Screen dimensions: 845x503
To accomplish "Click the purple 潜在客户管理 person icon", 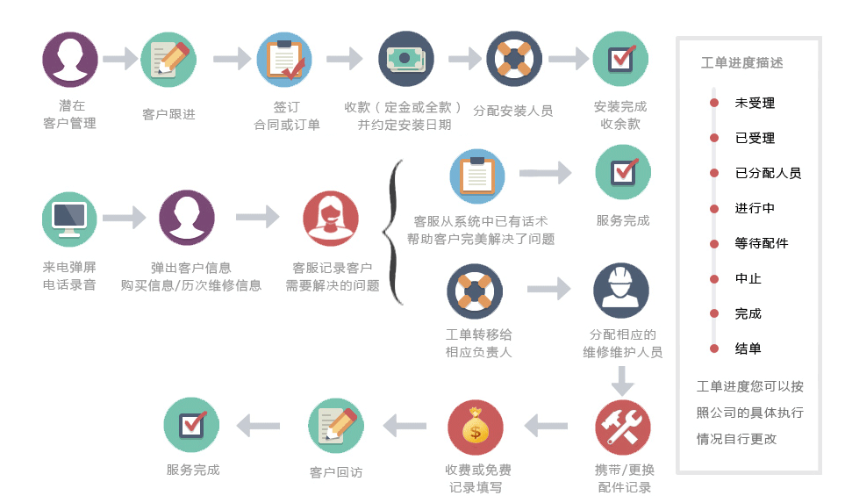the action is pyautogui.click(x=70, y=60).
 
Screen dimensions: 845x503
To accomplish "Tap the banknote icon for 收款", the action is pyautogui.click(x=405, y=59).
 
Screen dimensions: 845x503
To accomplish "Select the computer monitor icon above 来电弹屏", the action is pyautogui.click(x=69, y=219).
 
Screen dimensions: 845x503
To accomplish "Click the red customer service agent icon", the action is pyautogui.click(x=330, y=219).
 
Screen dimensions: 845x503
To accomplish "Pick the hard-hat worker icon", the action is pyautogui.click(x=621, y=291).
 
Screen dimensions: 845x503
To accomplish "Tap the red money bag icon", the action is pyautogui.click(x=476, y=428).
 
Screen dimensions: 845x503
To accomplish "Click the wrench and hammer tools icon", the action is pyautogui.click(x=622, y=428).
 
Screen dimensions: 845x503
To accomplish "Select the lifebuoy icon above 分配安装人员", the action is pyautogui.click(x=514, y=59).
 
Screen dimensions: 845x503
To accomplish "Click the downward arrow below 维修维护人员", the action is pyautogui.click(x=622, y=381).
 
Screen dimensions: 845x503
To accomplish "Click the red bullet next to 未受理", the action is pyautogui.click(x=714, y=103).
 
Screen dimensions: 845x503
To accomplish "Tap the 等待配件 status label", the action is pyautogui.click(x=762, y=243).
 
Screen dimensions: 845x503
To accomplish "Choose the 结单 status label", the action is pyautogui.click(x=748, y=349).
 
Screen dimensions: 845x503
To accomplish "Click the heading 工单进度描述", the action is pyautogui.click(x=741, y=63).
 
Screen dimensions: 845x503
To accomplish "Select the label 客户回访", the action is pyautogui.click(x=336, y=472).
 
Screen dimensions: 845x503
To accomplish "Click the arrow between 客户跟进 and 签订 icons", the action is pyautogui.click(x=233, y=59).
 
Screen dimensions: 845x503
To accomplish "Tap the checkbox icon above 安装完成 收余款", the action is pyautogui.click(x=620, y=59).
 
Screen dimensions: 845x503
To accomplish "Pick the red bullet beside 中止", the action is pyautogui.click(x=714, y=279).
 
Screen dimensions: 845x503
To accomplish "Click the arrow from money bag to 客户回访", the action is pyautogui.click(x=405, y=426).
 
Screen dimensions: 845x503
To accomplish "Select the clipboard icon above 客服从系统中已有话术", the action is pyautogui.click(x=477, y=176).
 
